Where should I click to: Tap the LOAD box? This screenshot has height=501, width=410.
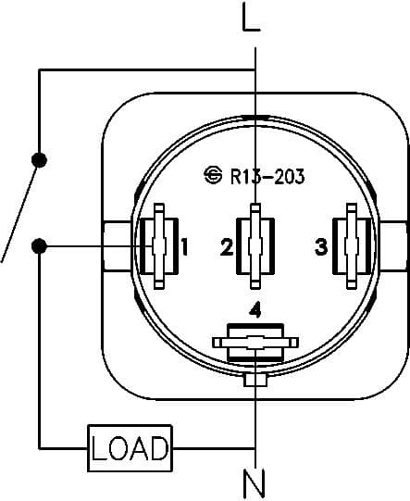point(130,449)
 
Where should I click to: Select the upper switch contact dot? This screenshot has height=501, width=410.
point(39,159)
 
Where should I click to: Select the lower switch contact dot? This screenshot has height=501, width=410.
point(39,246)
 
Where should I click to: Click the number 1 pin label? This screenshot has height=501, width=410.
point(185,247)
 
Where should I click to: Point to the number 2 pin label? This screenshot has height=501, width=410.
point(226,247)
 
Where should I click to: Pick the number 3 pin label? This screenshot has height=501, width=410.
point(320,247)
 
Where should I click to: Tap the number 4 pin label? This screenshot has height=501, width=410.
point(255,307)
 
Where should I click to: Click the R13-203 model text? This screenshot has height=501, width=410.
point(267,176)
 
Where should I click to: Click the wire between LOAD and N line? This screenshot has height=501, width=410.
point(213,449)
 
